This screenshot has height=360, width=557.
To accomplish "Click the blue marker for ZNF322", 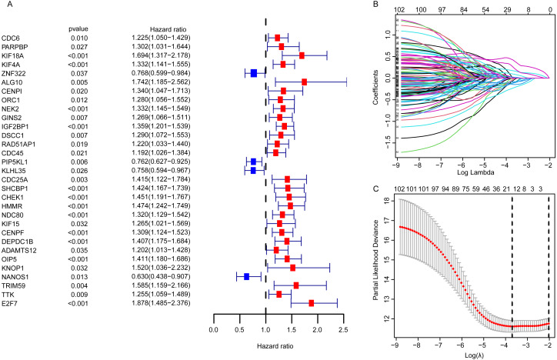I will point(253,73).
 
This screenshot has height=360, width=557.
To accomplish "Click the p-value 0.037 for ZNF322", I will point(80,73).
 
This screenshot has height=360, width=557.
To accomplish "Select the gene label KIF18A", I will point(14,55).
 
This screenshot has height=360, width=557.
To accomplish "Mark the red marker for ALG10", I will point(305,82).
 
